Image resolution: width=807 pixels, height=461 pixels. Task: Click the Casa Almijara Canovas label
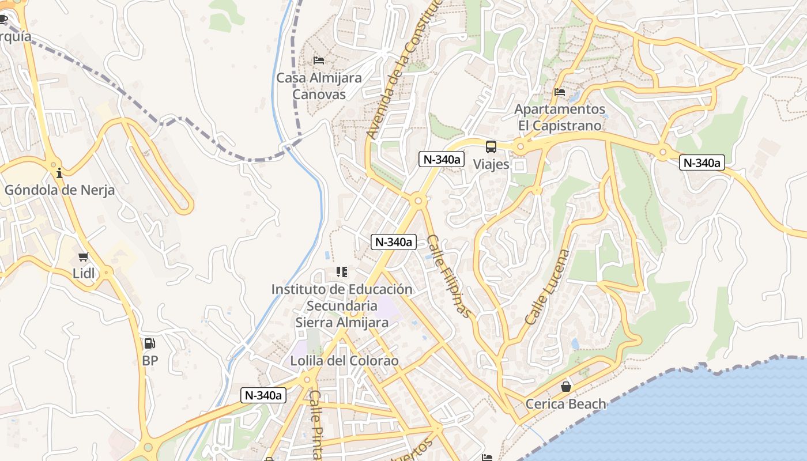[x=319, y=86]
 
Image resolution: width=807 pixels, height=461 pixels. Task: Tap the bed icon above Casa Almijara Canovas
[x=319, y=60]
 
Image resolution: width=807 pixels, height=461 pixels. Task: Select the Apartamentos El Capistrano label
[x=559, y=117]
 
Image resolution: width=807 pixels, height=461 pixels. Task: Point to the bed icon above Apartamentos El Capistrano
[x=559, y=92]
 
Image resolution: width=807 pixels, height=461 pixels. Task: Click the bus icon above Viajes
[x=491, y=147]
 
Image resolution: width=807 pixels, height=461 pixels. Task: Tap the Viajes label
[x=491, y=164]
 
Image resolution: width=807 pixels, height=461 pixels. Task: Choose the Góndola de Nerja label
[x=59, y=190]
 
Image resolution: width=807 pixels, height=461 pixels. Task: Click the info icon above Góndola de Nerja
[x=59, y=173]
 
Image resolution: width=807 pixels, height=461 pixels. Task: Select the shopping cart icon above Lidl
[x=84, y=257]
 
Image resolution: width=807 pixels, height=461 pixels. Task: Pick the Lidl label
[x=84, y=273]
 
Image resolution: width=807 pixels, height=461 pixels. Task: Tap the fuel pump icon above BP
[x=149, y=344]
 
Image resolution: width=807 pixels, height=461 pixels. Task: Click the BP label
[x=150, y=361]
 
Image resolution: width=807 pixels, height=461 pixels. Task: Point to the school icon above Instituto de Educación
[x=342, y=271]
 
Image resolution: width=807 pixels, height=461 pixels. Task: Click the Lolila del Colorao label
[x=345, y=361]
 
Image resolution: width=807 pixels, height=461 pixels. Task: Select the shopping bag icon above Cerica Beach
[x=566, y=387]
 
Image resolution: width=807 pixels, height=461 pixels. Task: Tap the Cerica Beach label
[x=566, y=404]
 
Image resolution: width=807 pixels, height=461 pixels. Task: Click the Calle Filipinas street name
[x=449, y=277]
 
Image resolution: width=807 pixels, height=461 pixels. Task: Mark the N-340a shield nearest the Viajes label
[x=442, y=160]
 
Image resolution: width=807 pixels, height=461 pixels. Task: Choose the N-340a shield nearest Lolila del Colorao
[x=263, y=395]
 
